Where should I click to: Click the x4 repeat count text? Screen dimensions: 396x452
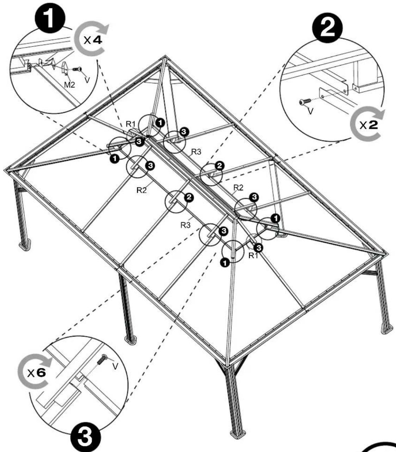[93, 40]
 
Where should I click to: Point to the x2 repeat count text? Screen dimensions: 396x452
[368, 125]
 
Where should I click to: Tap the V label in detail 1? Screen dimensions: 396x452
[87, 80]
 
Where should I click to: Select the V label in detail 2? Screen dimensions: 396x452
[311, 112]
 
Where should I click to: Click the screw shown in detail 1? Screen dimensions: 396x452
[77, 69]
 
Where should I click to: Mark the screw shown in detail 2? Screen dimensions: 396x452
[305, 101]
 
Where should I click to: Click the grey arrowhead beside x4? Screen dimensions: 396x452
[104, 30]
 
